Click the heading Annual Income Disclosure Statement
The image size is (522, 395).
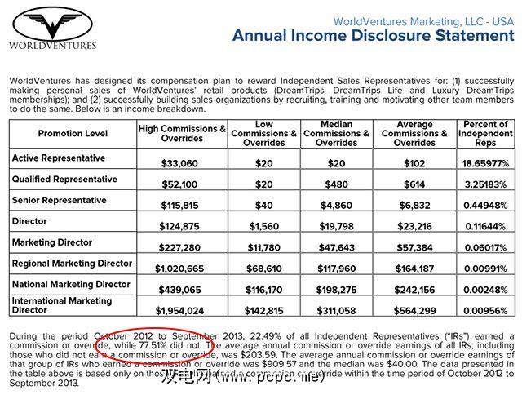(x=373, y=35)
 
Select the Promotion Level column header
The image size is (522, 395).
(x=73, y=133)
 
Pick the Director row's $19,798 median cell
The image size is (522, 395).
(x=336, y=227)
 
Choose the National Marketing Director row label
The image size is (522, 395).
(x=71, y=285)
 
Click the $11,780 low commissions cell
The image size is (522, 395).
(x=263, y=248)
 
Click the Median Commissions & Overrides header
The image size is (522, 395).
(x=336, y=133)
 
